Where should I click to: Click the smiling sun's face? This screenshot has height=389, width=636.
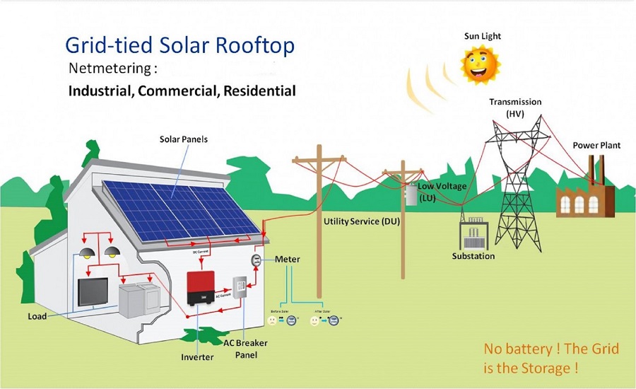click(x=481, y=64)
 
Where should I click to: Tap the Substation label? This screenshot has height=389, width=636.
click(x=473, y=256)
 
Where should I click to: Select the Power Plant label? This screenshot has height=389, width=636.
click(x=596, y=145)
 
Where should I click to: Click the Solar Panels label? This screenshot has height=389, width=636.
click(x=184, y=139)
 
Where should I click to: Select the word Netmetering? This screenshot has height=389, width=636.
click(x=112, y=70)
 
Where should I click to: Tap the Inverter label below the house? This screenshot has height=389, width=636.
click(x=196, y=356)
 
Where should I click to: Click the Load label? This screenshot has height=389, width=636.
click(x=37, y=316)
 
